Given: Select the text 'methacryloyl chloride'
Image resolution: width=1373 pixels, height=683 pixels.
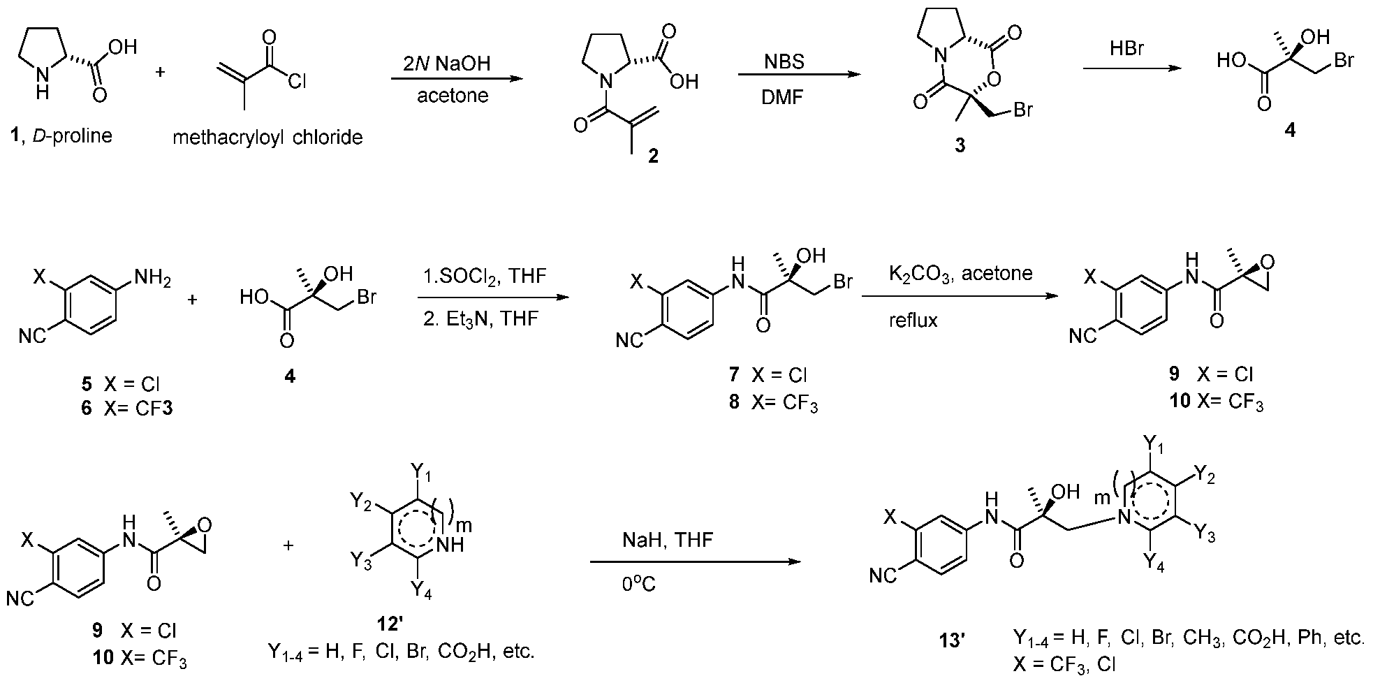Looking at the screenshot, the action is (267, 137).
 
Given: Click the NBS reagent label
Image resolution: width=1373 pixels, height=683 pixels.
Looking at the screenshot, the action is (784, 62).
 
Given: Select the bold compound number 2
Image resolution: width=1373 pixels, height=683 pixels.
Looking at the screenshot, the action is (653, 156).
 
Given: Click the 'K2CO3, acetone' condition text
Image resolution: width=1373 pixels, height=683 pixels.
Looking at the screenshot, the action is (960, 273).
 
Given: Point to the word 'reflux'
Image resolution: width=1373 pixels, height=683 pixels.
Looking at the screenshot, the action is (913, 321).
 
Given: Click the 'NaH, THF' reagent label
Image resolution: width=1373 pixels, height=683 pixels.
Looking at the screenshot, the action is (668, 540).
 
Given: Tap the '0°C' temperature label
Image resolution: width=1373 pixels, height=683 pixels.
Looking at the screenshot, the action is (638, 583).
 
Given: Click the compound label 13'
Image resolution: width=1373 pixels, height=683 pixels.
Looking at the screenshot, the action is (952, 640).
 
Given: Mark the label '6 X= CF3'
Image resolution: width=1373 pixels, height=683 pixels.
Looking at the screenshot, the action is (126, 407).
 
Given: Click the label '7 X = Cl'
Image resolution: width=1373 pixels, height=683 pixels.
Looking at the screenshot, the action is (768, 374).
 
